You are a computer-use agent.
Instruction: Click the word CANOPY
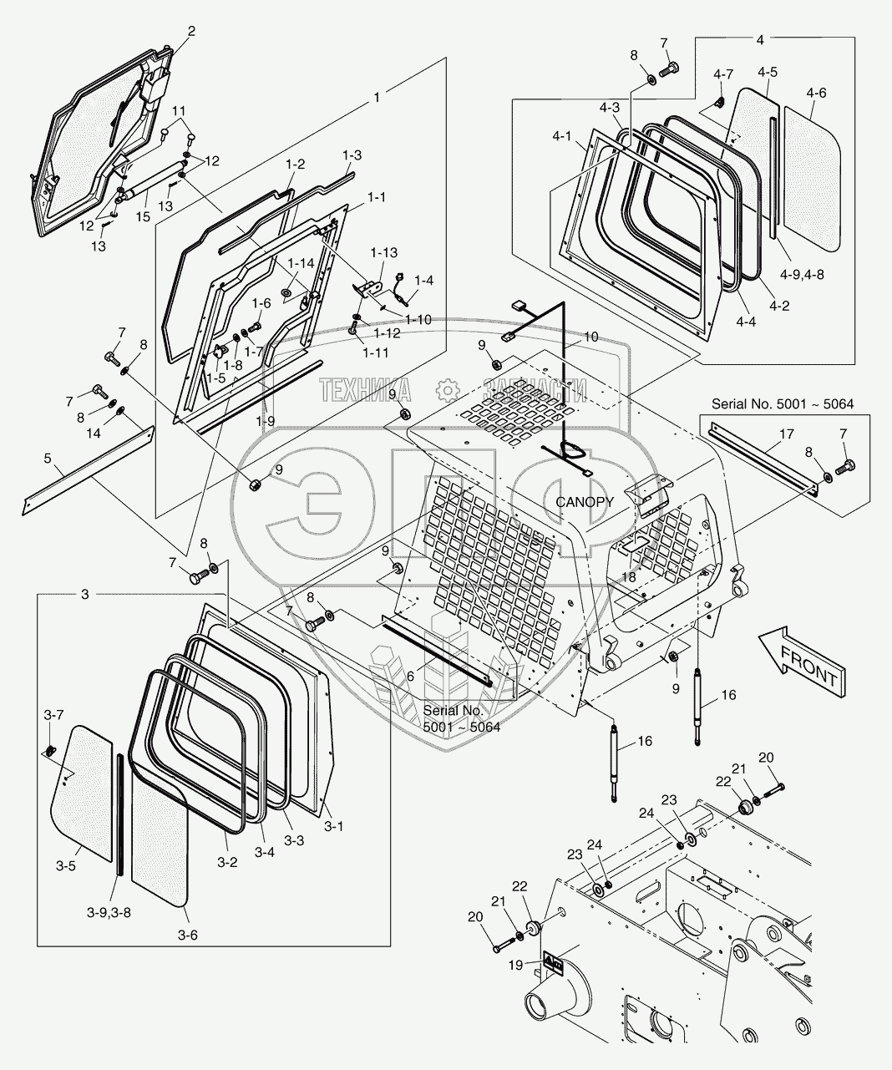click(585, 502)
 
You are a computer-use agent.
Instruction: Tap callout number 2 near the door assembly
click(191, 31)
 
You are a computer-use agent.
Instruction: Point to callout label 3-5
click(65, 866)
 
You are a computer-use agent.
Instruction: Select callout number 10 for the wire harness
click(590, 337)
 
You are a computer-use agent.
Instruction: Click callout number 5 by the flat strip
click(48, 483)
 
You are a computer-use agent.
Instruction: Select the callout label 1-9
click(266, 422)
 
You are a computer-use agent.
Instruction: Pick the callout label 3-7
click(53, 715)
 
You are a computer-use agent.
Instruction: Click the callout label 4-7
click(722, 74)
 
